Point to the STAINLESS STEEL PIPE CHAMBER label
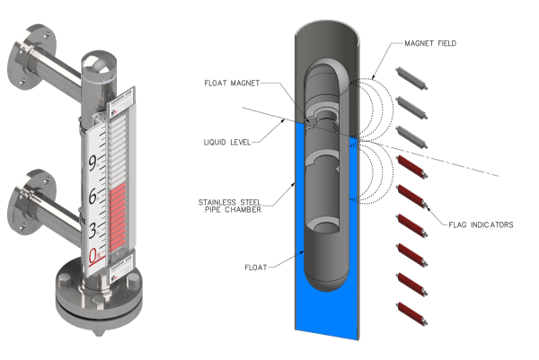click(236, 206)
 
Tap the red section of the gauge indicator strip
click(121, 216)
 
